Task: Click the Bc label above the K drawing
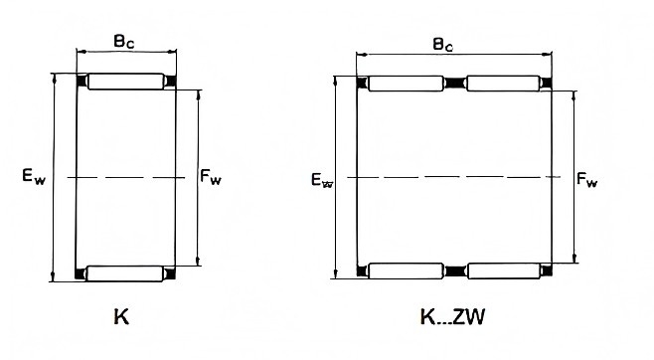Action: (124, 42)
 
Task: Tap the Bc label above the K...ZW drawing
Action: (442, 44)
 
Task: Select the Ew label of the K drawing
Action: (34, 176)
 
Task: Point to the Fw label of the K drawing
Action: (211, 177)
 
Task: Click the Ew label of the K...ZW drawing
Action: (322, 180)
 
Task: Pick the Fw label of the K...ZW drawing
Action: (586, 180)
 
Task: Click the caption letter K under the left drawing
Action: (121, 317)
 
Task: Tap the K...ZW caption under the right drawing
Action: (452, 317)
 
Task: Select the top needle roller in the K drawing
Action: (126, 82)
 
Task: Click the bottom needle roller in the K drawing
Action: (124, 273)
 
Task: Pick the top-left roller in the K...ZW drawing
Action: (406, 84)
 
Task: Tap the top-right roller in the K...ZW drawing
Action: (504, 84)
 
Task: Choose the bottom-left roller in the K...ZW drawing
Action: (406, 271)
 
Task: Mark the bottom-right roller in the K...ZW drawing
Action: (504, 271)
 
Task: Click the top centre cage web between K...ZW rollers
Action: (455, 83)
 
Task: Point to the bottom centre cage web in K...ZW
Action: (455, 271)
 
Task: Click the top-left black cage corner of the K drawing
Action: (82, 80)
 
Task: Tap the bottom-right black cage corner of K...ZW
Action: (547, 270)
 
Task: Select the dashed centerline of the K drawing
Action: (126, 178)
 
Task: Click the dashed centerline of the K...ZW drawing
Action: (454, 177)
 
